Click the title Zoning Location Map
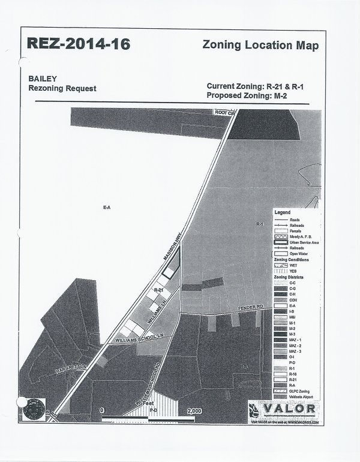pos(260,46)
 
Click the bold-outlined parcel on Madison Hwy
pos(171,271)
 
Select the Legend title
pos(283,212)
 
